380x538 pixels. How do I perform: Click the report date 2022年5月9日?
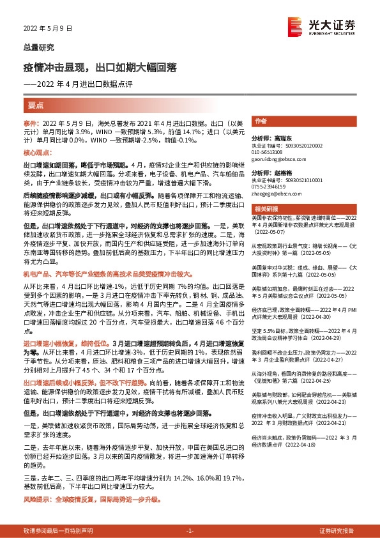(42, 28)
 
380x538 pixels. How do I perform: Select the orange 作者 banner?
(260, 121)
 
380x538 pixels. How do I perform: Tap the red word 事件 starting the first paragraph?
(31, 122)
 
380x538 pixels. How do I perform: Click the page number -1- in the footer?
(190, 530)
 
